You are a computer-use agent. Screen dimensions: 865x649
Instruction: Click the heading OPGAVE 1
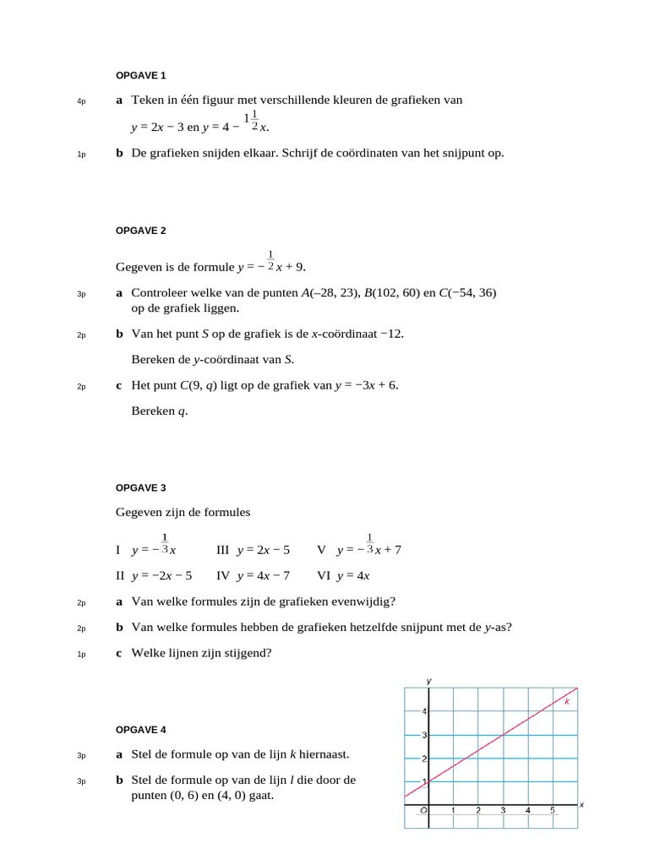click(x=140, y=76)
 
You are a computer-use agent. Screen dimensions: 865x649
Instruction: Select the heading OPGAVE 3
click(x=140, y=487)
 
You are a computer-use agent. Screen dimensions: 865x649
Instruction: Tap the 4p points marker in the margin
click(x=81, y=101)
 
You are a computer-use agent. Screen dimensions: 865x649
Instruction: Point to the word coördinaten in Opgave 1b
click(x=380, y=153)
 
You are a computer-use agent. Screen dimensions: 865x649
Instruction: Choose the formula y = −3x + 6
click(x=366, y=385)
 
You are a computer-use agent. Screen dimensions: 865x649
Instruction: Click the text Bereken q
click(x=160, y=411)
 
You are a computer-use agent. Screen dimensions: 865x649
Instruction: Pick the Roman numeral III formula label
click(x=223, y=550)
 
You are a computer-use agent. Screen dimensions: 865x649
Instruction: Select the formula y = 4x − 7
click(x=264, y=576)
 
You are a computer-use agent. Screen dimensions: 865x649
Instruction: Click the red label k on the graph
click(x=567, y=701)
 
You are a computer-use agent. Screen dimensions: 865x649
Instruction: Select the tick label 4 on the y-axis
click(x=423, y=711)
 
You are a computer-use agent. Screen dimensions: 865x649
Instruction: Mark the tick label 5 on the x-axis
click(x=553, y=811)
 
